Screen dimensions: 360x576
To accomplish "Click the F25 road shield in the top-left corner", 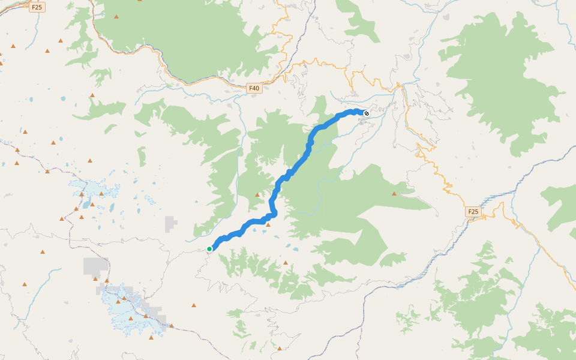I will [37, 7].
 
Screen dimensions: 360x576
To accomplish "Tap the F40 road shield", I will [254, 88].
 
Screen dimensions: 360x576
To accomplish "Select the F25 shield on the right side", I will [473, 212].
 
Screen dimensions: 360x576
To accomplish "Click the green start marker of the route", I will [209, 248].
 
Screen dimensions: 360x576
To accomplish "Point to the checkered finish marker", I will [367, 112].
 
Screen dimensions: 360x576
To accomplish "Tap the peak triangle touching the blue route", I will [268, 225].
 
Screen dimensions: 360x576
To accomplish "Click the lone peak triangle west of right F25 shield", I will [394, 193].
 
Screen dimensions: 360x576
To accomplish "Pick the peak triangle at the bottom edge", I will [280, 348].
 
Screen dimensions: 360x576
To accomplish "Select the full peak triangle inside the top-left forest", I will [116, 17].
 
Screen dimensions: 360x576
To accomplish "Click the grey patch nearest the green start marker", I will [171, 223].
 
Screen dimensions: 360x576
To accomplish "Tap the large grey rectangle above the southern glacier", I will [96, 266].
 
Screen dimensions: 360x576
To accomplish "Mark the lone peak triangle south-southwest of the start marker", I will [194, 305].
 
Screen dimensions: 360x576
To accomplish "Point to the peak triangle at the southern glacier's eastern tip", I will [172, 326].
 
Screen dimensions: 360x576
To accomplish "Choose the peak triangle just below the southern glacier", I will [151, 337].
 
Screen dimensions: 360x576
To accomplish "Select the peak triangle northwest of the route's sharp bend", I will [257, 194].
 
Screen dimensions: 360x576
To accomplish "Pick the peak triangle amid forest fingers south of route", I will [286, 262].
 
